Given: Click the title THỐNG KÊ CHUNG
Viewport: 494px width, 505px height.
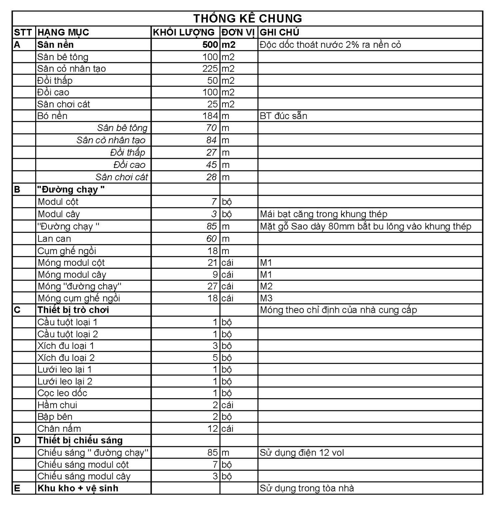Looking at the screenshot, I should click(247, 18).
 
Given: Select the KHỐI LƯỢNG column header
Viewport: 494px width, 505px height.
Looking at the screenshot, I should click(184, 32).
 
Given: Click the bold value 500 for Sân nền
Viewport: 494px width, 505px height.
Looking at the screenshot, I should click(210, 45).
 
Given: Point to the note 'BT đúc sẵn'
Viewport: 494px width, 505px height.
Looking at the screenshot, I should click(283, 116).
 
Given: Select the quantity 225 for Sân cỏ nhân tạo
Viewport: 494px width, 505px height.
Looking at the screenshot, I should click(210, 69).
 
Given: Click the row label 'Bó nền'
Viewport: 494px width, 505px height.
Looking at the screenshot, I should click(52, 116).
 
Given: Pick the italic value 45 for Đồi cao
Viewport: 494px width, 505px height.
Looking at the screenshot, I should click(212, 165).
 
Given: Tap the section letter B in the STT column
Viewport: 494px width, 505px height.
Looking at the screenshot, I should click(17, 190).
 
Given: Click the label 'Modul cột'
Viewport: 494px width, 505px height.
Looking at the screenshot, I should click(58, 202).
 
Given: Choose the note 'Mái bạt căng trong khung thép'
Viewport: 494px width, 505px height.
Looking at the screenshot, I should click(323, 214).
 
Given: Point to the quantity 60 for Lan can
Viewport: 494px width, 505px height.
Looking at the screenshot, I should click(212, 239).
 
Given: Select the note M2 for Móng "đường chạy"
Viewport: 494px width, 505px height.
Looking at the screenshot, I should click(266, 286).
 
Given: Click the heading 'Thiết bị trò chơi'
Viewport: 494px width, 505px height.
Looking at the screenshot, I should click(73, 310).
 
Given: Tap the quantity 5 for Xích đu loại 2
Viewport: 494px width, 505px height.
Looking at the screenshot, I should click(215, 358).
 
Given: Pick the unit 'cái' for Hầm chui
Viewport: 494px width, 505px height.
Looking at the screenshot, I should click(227, 405).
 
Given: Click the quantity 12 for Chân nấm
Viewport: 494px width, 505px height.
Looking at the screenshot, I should click(213, 429).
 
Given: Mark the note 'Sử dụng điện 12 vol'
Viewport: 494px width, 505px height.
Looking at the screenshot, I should click(302, 453).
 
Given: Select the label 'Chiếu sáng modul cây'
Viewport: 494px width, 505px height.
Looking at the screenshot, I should click(84, 477).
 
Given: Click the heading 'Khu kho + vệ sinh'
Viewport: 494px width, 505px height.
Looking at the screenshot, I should click(78, 488).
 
